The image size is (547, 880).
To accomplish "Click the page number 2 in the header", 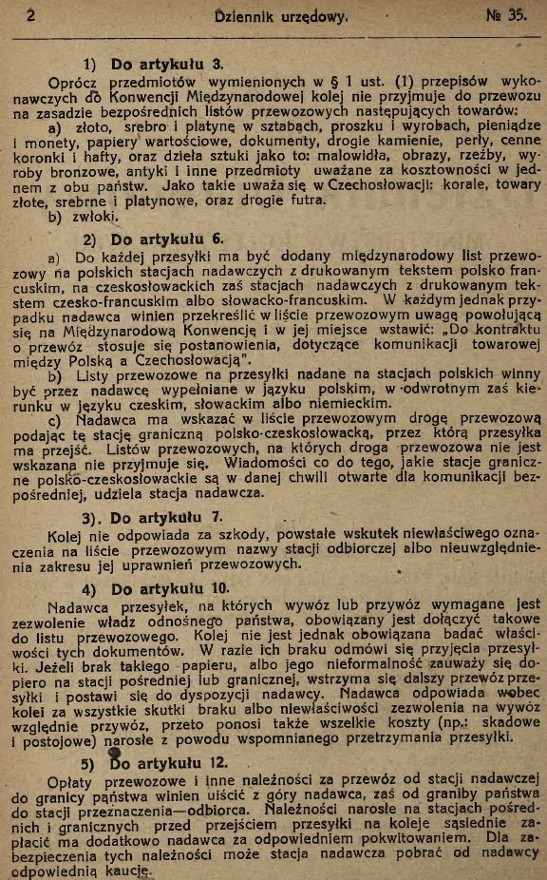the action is [31, 15].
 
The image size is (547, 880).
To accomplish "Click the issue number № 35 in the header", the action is [507, 14].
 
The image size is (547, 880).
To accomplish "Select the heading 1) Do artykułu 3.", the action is [154, 65].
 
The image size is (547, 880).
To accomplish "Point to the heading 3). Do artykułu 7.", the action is [152, 518].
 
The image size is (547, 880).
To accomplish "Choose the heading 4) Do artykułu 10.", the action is [156, 589].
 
